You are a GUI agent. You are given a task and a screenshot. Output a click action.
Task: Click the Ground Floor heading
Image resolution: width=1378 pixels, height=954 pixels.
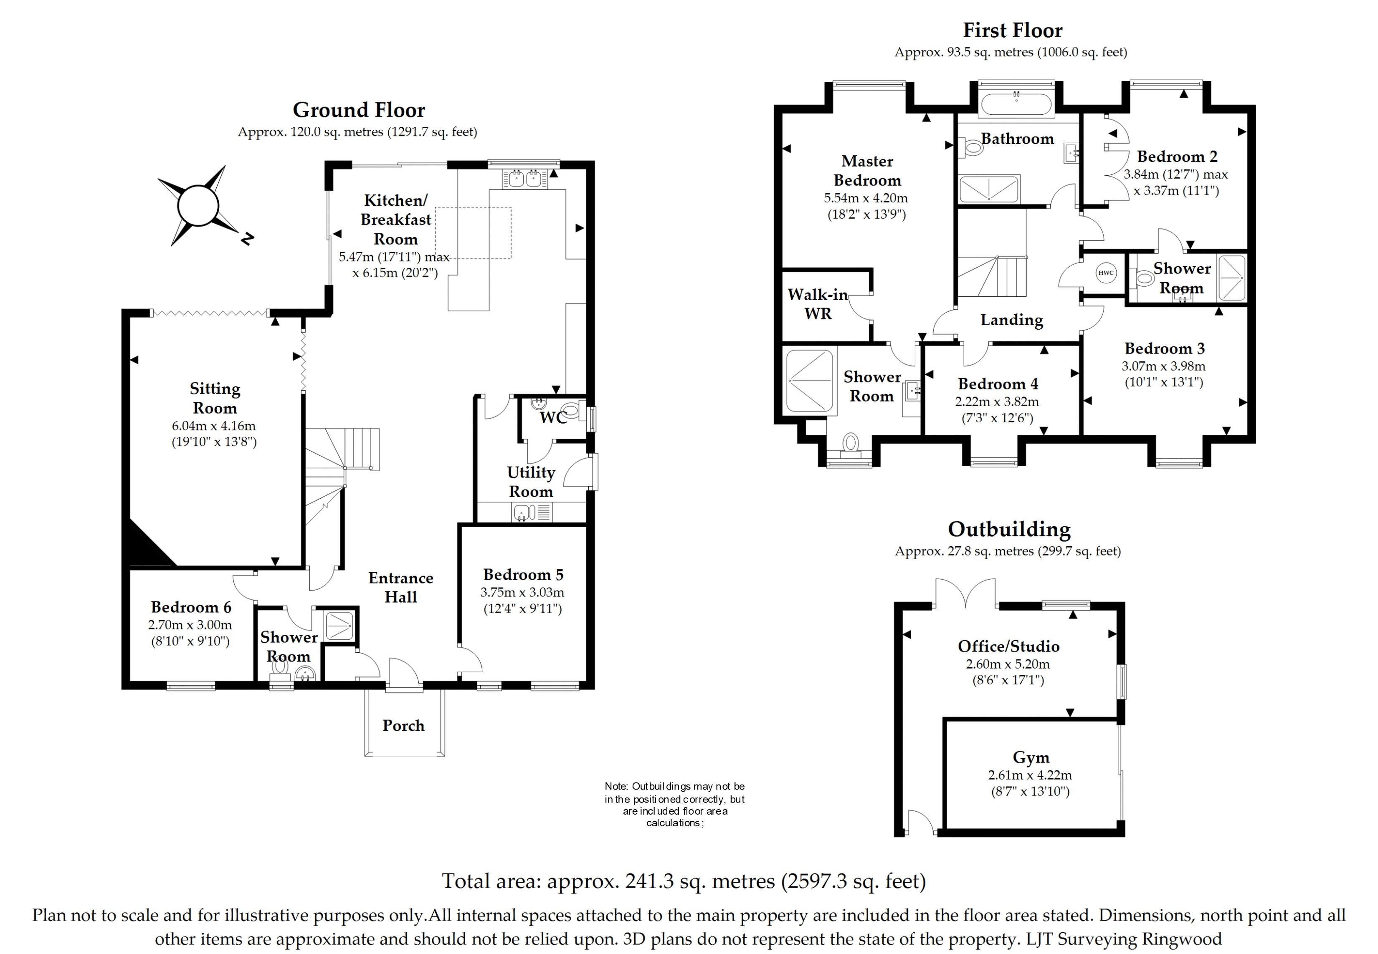point(358,110)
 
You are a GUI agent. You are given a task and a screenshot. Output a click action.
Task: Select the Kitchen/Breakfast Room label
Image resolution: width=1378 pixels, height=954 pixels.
point(395,220)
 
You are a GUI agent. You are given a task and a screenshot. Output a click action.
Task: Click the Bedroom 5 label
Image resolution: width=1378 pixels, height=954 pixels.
point(523,574)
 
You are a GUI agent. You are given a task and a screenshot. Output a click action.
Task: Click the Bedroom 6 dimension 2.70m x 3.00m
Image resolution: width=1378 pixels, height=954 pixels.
point(190,625)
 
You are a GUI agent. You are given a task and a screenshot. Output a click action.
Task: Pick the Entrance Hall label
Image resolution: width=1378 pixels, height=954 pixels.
point(401,587)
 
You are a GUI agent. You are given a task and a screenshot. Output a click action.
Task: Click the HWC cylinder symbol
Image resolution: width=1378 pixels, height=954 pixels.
point(1106,273)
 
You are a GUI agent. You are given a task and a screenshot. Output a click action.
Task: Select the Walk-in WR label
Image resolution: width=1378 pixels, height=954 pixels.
point(818,304)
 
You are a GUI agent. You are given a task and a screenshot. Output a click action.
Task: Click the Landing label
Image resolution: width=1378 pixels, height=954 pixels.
point(1011,320)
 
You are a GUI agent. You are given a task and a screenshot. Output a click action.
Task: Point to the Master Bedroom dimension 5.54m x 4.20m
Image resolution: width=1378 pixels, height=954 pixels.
point(866,198)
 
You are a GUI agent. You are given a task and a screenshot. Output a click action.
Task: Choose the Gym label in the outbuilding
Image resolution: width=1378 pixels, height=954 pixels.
point(1031,757)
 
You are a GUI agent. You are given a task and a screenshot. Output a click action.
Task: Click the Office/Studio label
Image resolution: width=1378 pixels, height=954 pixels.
point(1008,646)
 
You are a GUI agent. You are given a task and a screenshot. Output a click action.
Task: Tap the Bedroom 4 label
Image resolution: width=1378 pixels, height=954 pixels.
point(998,384)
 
